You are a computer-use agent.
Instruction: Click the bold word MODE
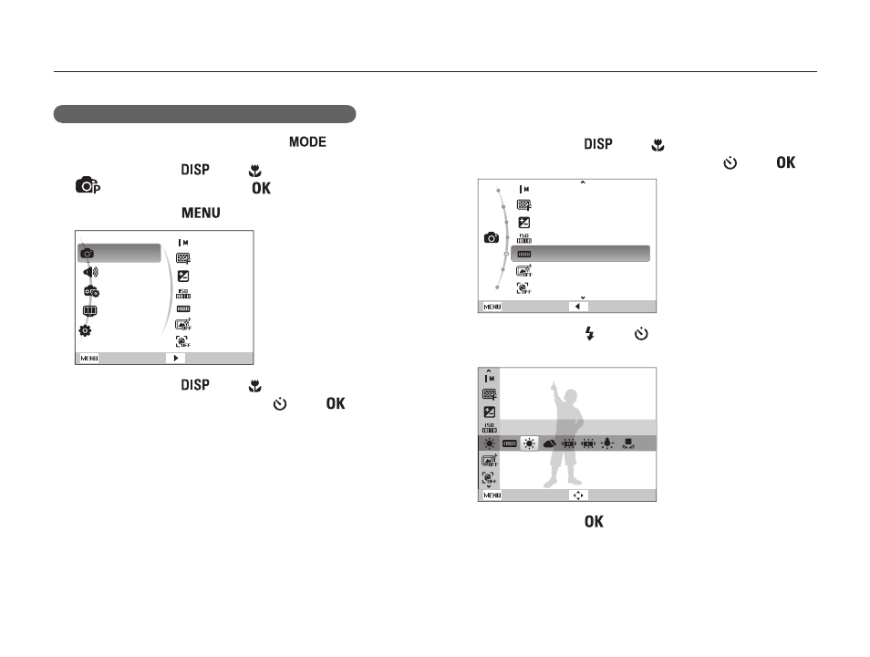[307, 142]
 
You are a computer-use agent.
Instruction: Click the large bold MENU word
[201, 214]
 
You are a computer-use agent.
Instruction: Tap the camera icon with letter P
[88, 185]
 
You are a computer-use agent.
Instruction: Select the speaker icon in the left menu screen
[90, 272]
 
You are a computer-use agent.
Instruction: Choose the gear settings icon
[85, 330]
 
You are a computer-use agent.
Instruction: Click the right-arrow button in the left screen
[175, 359]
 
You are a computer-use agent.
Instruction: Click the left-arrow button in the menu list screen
[577, 307]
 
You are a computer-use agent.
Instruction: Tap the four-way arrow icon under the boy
[578, 495]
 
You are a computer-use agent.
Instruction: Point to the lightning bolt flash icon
[589, 334]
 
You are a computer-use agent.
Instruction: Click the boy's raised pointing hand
[554, 388]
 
